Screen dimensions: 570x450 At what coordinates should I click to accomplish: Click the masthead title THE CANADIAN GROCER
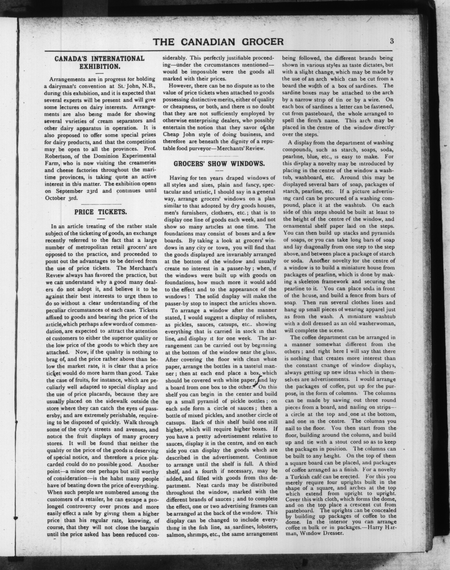pyautogui.click(x=218, y=42)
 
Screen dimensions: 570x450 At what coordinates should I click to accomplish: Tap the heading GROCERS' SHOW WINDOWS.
pyautogui.click(x=219, y=164)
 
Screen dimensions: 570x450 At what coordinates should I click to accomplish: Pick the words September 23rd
pyautogui.click(x=73, y=191)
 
